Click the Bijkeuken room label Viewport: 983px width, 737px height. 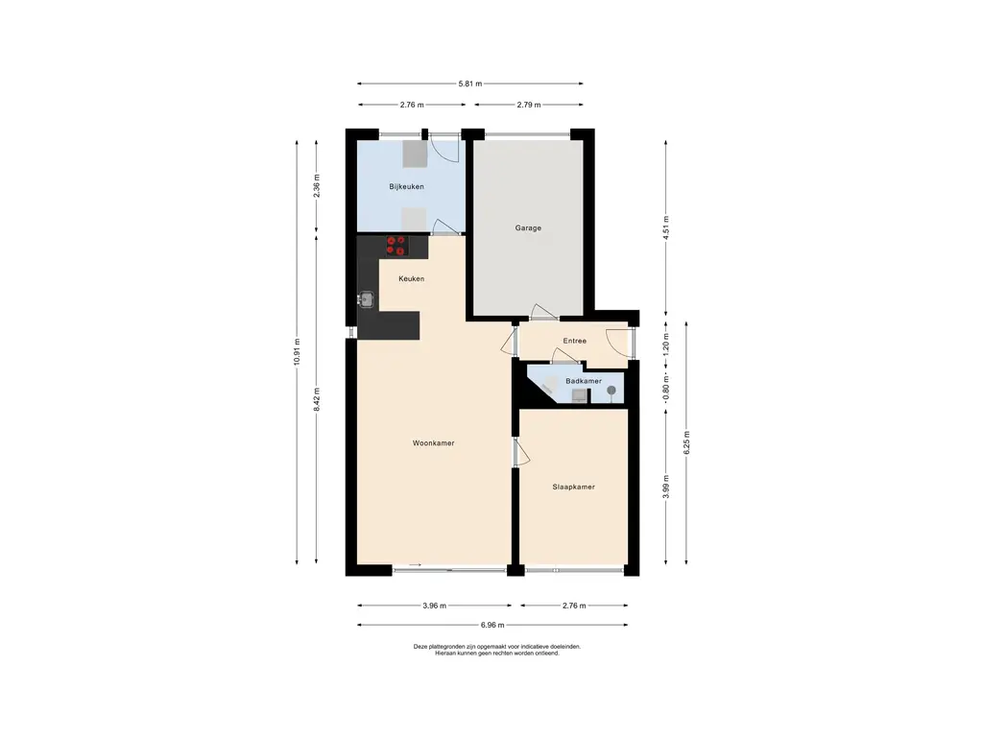coord(406,187)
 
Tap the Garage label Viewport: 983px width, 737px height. coord(528,228)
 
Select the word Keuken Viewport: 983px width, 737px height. coord(411,279)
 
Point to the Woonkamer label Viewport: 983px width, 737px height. coord(433,443)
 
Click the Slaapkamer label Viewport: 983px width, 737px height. coord(574,487)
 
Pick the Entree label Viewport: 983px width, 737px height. coord(574,341)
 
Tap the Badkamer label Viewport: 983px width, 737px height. coord(584,381)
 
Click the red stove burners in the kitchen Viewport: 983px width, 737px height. coord(396,246)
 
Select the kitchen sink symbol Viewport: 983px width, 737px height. coord(367,299)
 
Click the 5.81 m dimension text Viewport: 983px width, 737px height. coord(470,83)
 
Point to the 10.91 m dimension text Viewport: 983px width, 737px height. coord(297,355)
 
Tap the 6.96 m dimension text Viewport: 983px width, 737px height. coord(492,625)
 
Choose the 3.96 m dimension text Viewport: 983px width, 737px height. coord(435,606)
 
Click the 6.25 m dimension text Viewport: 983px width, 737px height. coord(686,442)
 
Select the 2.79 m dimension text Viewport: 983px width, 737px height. coord(529,105)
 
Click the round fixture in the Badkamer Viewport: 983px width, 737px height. coord(611,392)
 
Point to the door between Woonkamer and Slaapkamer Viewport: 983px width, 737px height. coord(521,452)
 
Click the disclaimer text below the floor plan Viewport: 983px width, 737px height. coord(497,650)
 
